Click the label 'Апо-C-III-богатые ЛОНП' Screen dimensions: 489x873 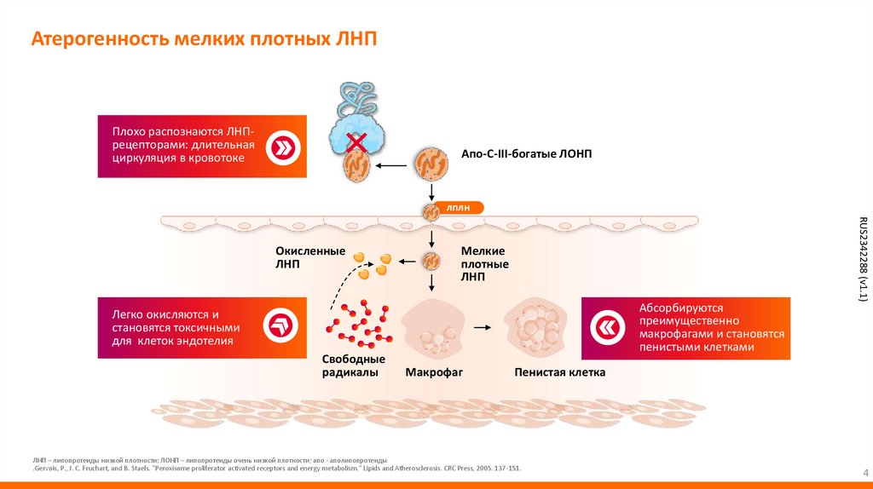(526, 153)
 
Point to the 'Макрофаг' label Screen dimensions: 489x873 (433, 372)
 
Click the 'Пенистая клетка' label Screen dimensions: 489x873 (559, 372)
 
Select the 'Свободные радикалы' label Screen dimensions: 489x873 (350, 365)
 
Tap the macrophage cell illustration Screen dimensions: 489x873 (433, 330)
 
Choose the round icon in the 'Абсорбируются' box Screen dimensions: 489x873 (610, 329)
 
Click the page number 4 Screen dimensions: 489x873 (855, 473)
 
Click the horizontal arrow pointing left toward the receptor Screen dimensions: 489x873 (391, 165)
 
